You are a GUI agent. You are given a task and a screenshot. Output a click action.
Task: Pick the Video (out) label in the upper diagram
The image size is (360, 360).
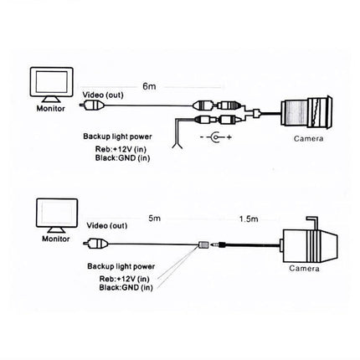(x=104, y=94)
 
